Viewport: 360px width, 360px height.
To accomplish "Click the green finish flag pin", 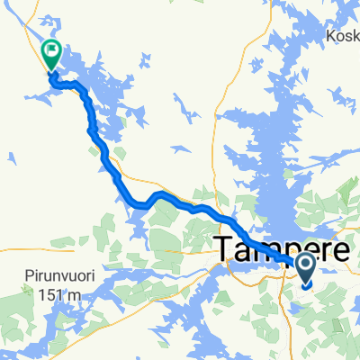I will [x=51, y=54].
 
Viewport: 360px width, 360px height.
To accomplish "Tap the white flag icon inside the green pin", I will [x=51, y=50].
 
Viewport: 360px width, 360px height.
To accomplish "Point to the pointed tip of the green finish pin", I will [x=51, y=71].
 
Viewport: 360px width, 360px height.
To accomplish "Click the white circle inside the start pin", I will [x=304, y=263].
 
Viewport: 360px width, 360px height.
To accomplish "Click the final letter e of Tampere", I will [x=340, y=252].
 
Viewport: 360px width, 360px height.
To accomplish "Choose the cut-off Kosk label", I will [x=344, y=36].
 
